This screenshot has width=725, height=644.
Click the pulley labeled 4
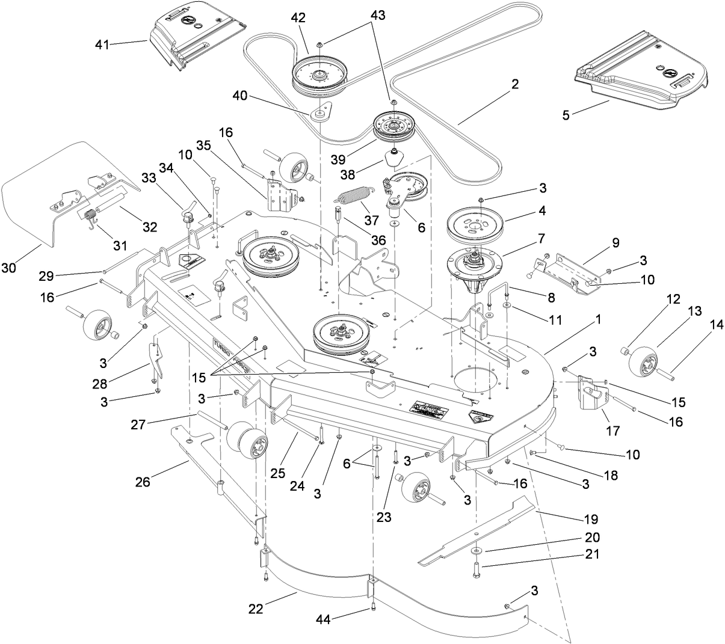point(475,222)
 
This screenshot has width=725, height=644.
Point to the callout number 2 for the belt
point(514,84)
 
